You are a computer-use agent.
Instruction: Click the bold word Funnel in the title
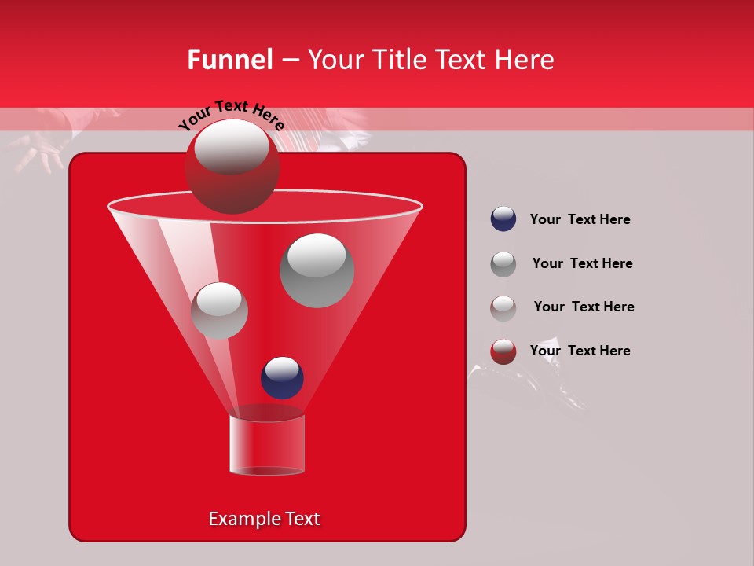pos(229,60)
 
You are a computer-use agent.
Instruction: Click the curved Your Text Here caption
pos(231,115)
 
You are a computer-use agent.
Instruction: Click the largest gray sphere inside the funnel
pos(317,270)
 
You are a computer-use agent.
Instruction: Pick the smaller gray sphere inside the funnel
pos(219,311)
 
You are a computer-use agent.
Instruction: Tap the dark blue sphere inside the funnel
pos(282,377)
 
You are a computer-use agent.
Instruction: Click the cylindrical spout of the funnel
pos(267,444)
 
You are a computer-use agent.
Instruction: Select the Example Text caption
pos(264,519)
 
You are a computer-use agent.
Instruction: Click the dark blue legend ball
pos(503,219)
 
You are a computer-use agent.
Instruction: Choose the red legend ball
pos(503,351)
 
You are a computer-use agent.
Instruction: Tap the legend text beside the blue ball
pos(580,219)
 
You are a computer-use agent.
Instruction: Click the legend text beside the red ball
pos(580,351)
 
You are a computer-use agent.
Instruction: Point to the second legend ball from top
pos(503,264)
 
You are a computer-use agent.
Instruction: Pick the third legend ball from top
pos(503,307)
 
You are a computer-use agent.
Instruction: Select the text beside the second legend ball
pos(582,263)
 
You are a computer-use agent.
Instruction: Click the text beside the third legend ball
pos(584,307)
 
